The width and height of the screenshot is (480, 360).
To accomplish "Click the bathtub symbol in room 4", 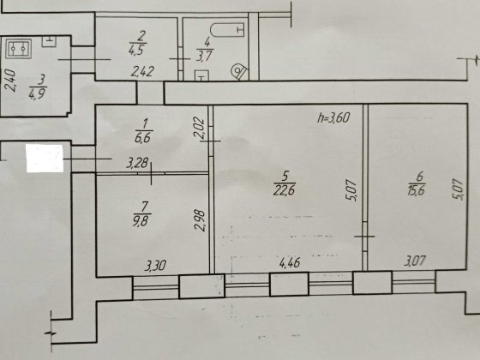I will coord(225,31).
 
